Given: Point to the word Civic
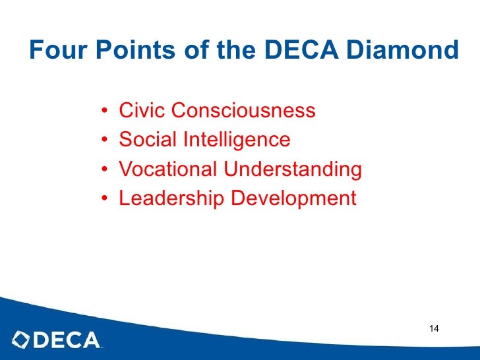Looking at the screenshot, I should [142, 111].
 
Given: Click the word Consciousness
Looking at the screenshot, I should [243, 111].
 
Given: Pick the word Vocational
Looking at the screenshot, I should [168, 169].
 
